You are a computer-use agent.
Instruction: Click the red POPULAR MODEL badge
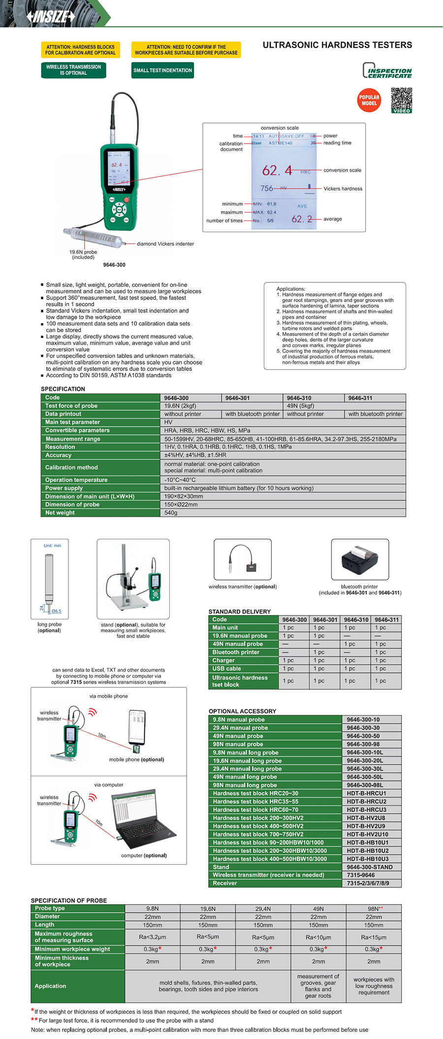(369, 100)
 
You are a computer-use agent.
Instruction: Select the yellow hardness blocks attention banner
(80, 50)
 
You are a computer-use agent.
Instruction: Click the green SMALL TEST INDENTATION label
(162, 70)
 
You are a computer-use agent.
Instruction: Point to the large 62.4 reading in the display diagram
(277, 171)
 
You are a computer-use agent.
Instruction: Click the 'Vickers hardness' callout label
(343, 189)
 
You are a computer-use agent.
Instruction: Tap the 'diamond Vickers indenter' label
(165, 244)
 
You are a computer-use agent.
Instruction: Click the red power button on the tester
(127, 199)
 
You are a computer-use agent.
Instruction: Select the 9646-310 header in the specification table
(299, 398)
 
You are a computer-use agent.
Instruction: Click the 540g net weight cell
(171, 513)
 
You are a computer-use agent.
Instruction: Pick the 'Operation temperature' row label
(76, 480)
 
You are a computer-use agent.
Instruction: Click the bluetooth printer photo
(360, 560)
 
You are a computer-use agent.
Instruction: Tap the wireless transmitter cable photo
(243, 559)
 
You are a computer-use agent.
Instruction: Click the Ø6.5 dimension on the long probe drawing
(56, 611)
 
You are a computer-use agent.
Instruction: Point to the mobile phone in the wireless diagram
(137, 729)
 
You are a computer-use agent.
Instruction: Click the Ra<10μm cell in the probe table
(318, 937)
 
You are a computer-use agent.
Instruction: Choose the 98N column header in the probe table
(374, 909)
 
